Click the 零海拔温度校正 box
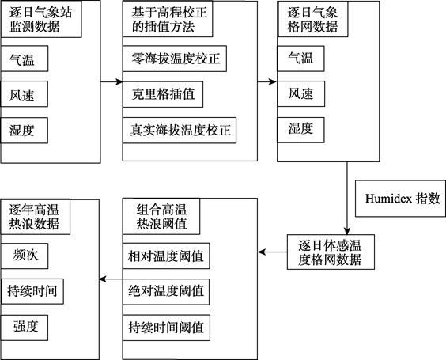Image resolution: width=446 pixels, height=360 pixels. coord(175,59)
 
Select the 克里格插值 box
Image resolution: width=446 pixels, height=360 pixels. coord(163,94)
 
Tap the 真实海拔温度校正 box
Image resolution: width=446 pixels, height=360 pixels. coord(180,130)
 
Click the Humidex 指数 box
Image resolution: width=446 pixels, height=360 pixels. coord(400,199)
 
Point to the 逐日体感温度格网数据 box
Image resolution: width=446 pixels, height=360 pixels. coord(331,252)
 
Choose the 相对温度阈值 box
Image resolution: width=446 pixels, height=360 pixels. coord(166,256)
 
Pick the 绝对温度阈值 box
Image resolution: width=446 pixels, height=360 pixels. coord(166,292)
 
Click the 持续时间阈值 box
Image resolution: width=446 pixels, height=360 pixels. coord(166,328)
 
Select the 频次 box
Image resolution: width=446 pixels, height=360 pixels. coord(25,256)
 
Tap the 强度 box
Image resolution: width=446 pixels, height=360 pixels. coord(25,328)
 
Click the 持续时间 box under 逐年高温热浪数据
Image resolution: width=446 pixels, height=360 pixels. coord(32,291)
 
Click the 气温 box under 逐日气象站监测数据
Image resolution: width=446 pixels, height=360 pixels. coord(25,59)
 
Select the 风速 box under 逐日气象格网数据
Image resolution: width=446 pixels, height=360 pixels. coord(301,94)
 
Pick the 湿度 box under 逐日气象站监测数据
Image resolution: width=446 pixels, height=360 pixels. coord(25,131)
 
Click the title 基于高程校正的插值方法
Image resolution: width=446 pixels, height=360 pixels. coord(168,19)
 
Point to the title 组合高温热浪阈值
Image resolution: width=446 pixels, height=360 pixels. coord(161,217)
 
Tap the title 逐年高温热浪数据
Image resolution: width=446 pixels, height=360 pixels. coord(36,217)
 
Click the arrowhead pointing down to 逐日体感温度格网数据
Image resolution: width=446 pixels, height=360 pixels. coord(346,231)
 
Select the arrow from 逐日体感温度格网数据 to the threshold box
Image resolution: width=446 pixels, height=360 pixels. coord(273,252)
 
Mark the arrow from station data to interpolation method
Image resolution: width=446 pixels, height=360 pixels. coord(111,82)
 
